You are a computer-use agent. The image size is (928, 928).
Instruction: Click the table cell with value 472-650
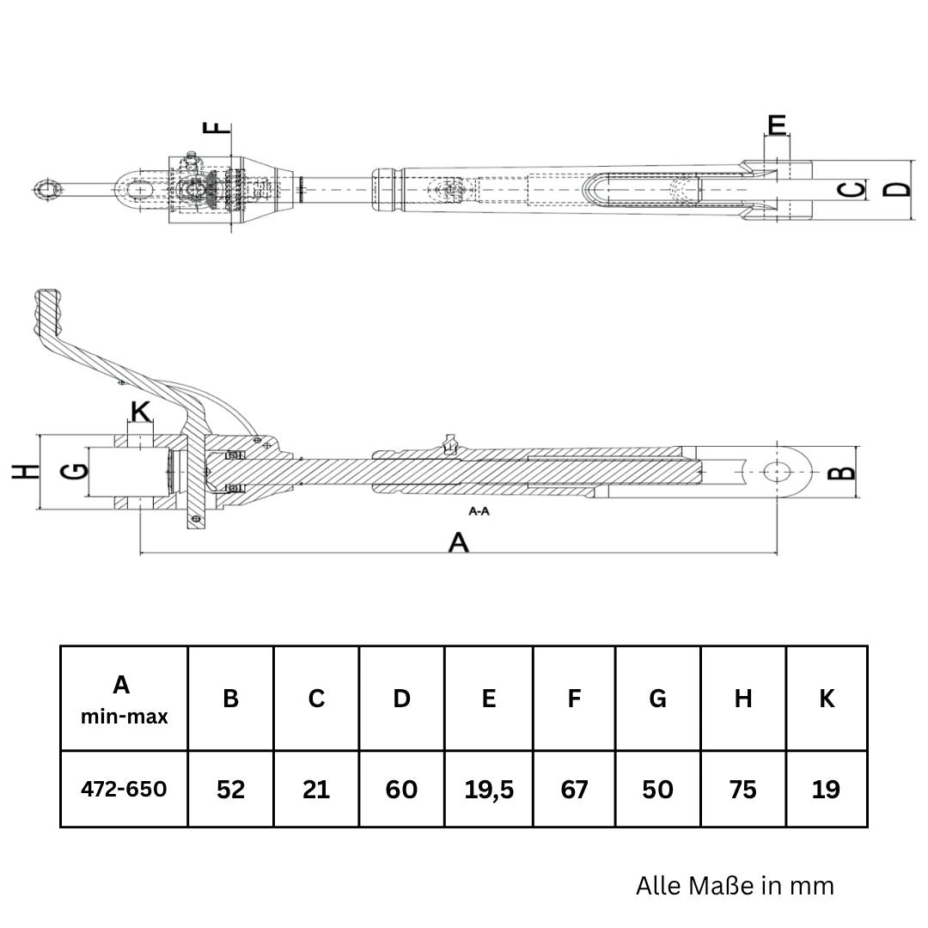124,789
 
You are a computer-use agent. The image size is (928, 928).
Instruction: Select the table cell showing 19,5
488,789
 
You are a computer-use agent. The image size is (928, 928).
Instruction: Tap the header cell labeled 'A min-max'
124,699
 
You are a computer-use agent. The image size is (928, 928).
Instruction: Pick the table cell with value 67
573,789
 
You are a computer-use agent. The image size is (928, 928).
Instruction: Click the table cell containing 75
743,789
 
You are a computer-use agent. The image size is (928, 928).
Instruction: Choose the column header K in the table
827,699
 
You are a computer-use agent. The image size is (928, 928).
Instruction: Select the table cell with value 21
316,789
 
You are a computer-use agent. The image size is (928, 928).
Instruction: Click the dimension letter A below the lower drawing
460,543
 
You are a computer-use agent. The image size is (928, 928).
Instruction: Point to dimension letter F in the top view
221,128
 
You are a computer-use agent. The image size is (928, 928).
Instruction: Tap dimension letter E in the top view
777,125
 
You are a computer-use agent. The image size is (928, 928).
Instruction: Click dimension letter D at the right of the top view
899,188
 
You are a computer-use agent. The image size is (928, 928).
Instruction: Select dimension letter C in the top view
852,188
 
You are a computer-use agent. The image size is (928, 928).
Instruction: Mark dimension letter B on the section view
846,471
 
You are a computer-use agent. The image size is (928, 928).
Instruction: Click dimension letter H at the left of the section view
27,471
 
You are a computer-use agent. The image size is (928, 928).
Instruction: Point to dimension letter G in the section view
76,471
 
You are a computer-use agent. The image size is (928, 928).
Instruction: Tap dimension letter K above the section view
140,412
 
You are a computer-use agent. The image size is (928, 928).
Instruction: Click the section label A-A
479,511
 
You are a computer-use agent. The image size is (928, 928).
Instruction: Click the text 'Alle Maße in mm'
735,886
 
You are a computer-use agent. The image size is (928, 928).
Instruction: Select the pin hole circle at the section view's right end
778,471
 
